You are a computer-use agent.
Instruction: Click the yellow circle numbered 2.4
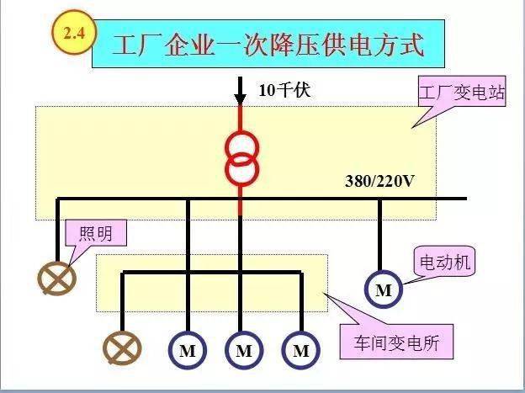pos(74,33)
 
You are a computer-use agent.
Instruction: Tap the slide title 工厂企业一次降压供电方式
pos(268,45)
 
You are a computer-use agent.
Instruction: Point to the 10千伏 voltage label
pos(284,90)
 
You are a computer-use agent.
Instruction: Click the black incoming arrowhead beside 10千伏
pos(240,99)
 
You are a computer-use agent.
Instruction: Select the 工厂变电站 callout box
pos(462,91)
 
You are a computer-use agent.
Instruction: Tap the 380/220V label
pos(379,181)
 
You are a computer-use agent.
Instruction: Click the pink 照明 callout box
pos(96,232)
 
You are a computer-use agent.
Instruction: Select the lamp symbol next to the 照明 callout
pos(57,279)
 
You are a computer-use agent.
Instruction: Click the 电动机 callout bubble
pos(444,262)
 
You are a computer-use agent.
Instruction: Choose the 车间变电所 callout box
pos(396,342)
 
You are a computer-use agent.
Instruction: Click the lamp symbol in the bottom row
pos(122,348)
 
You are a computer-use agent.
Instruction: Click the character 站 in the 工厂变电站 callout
pos(496,92)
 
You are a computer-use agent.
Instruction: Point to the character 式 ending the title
pos(412,45)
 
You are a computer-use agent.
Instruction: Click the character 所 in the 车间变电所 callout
pos(431,343)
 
